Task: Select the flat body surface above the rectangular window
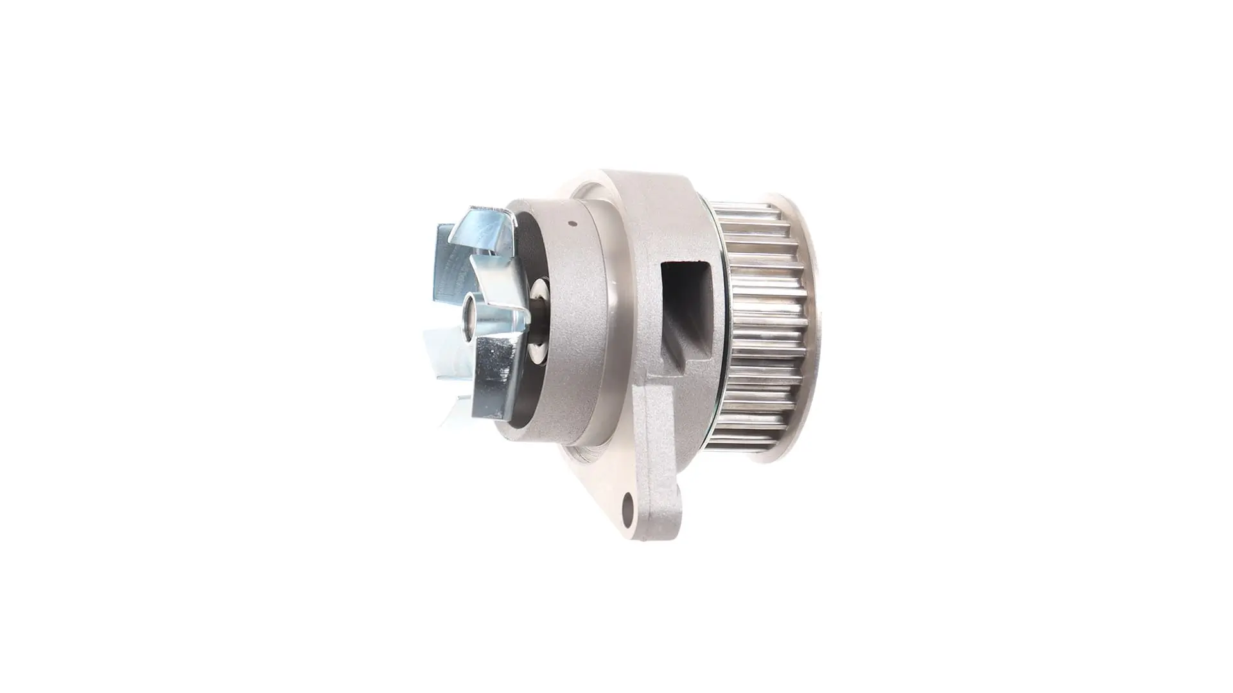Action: tap(668, 218)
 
